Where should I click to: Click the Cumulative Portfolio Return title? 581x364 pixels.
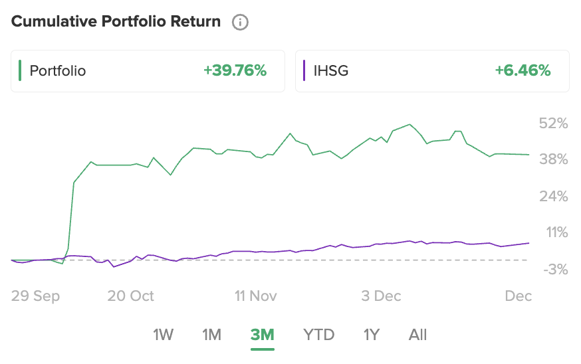116,22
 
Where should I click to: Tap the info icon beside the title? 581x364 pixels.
240,23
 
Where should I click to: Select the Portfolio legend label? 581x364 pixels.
58,70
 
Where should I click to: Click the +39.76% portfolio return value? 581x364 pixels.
235,70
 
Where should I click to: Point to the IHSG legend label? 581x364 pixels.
330,70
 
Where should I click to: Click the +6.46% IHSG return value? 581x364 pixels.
523,70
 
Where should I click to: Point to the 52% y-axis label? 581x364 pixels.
553,124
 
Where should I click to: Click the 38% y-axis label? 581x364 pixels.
553,159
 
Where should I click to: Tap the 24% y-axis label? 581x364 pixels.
553,197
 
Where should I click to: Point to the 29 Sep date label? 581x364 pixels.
35,296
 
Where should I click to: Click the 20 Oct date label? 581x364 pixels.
130,296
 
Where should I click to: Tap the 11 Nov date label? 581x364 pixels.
256,296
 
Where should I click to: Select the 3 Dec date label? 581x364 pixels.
381,296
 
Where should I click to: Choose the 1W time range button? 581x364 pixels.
163,335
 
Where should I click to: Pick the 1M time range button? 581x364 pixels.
211,335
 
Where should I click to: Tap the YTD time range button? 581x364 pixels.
318,335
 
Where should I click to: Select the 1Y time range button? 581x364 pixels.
371,335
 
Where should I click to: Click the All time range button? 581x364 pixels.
417,335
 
